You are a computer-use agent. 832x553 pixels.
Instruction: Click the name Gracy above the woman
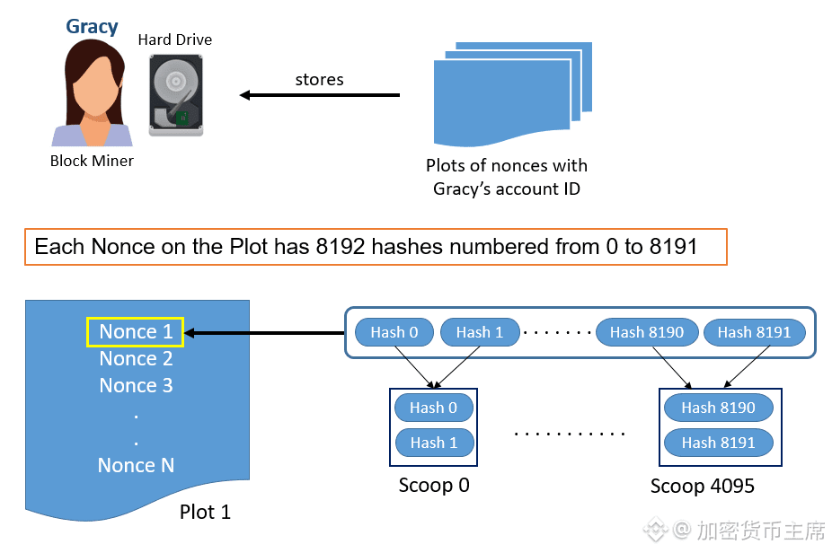92,26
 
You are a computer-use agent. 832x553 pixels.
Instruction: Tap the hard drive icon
175,93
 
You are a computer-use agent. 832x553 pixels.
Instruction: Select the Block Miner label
92,161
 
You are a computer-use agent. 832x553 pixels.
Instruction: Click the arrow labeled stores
319,94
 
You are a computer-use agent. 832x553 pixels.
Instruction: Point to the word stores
319,79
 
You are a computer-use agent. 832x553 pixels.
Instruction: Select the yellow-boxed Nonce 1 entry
135,332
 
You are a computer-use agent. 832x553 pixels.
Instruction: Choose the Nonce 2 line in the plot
136,359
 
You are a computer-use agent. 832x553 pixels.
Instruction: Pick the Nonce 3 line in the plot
136,386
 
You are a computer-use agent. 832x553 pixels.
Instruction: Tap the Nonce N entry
136,466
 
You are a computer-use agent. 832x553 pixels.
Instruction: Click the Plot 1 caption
205,513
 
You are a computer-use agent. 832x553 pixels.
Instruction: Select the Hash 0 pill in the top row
394,332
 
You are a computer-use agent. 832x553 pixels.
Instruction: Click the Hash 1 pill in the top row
479,332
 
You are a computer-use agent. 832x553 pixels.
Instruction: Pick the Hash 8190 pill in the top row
646,332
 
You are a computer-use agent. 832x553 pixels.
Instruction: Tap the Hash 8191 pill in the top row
754,332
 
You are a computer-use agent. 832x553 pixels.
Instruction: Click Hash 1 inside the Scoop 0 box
433,443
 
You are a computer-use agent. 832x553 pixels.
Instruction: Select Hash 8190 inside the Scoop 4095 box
718,408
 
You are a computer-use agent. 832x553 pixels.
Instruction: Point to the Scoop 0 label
434,486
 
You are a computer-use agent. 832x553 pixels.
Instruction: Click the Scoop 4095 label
703,487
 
